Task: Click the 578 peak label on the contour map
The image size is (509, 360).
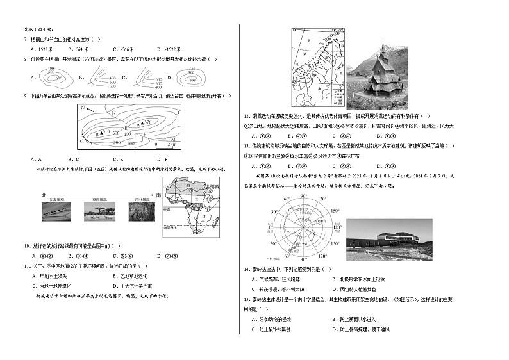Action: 148,122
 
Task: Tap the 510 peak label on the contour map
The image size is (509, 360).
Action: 106,131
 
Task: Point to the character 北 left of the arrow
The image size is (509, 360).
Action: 44,194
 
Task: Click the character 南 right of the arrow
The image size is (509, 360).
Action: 158,194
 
